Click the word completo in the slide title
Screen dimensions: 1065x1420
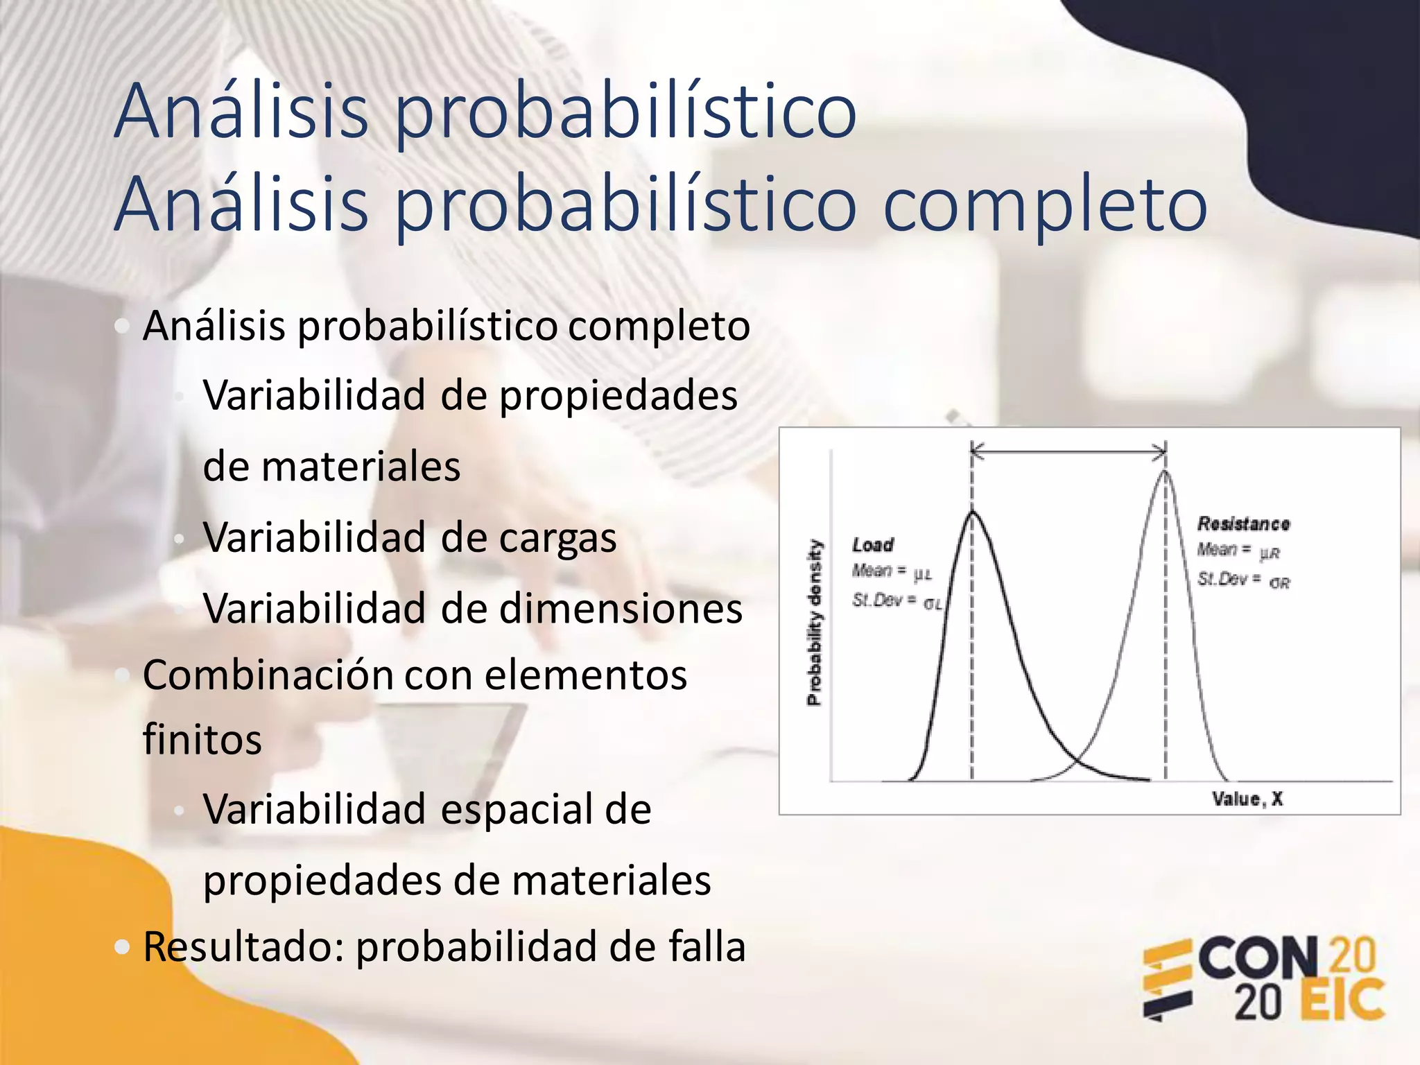click(1045, 206)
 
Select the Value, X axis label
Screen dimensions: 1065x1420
click(1247, 799)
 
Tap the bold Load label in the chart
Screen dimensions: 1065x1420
click(873, 545)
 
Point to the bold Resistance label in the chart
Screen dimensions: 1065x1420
click(1243, 523)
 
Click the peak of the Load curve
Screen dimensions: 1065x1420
click(972, 512)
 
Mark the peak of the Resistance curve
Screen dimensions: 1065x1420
click(1165, 472)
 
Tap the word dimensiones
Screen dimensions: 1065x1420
click(621, 609)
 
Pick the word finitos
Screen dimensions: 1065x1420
click(202, 739)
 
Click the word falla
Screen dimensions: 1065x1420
click(707, 947)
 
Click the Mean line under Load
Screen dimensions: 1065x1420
click(892, 571)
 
